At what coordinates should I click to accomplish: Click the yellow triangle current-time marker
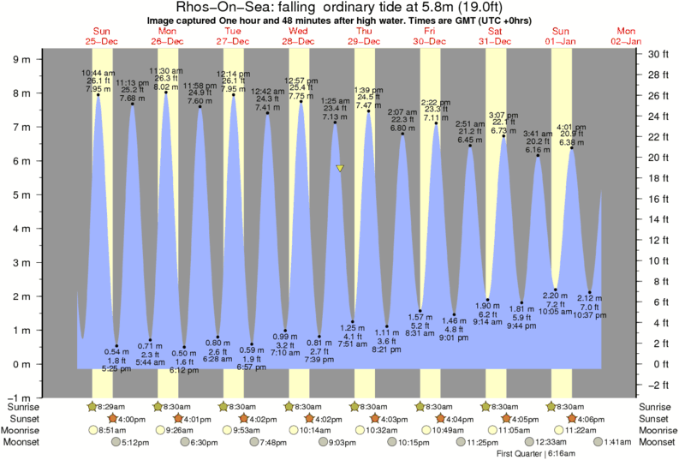point(340,169)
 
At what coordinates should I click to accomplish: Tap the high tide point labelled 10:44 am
point(98,95)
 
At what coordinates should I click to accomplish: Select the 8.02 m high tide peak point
point(165,93)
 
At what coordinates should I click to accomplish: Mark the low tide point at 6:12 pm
point(183,347)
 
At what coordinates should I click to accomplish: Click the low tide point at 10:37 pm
point(589,292)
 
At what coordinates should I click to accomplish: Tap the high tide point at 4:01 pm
point(572,148)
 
